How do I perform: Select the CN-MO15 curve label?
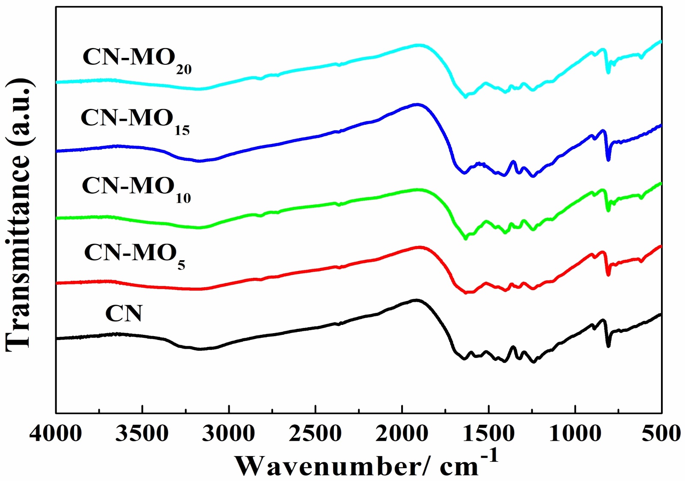[x=134, y=120]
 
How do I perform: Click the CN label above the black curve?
[x=123, y=313]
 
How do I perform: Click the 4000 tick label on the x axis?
[x=55, y=434]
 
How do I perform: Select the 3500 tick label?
[x=142, y=434]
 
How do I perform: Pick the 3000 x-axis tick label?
[x=229, y=434]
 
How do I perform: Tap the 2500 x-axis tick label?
[x=315, y=434]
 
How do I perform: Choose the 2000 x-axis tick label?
[x=402, y=434]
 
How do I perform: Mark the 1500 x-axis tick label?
[x=488, y=434]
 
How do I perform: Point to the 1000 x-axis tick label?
[x=575, y=434]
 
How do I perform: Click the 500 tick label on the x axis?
[x=661, y=434]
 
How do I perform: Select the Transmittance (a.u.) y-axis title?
[x=19, y=214]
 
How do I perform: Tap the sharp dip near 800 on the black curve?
[x=608, y=346]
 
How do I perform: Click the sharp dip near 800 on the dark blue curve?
[x=608, y=159]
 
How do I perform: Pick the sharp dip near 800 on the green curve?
[x=608, y=210]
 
